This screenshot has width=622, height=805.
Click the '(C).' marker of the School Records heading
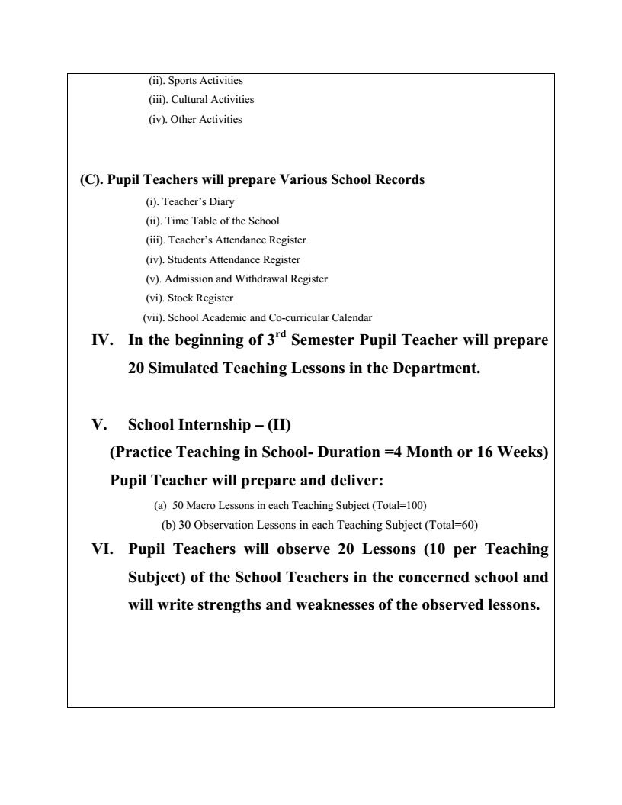pos(91,180)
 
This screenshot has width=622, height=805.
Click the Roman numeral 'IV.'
pos(103,340)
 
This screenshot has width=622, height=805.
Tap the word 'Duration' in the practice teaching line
pos(342,452)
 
